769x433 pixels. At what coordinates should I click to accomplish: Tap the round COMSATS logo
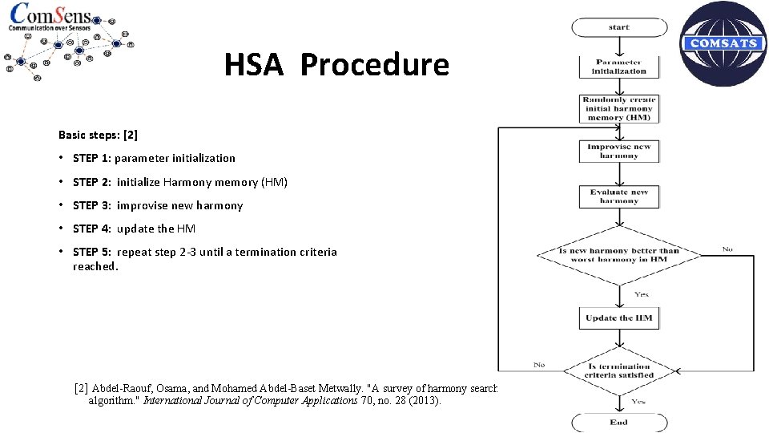tap(723, 43)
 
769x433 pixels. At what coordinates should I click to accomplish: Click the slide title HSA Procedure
tap(336, 65)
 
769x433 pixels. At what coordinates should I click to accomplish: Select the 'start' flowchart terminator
tap(618, 27)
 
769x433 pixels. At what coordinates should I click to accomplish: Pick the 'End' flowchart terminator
tap(618, 422)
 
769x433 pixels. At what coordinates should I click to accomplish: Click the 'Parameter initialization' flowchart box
tap(618, 67)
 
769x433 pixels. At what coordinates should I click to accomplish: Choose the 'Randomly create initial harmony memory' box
tap(618, 108)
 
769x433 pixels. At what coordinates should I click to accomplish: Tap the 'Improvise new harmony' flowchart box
tap(618, 151)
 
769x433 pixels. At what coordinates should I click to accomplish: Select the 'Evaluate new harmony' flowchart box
tap(618, 196)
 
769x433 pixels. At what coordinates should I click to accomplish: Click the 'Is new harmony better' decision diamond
tap(618, 255)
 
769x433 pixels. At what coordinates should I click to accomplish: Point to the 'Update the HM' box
tap(618, 318)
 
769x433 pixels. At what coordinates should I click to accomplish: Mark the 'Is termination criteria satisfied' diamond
tap(618, 370)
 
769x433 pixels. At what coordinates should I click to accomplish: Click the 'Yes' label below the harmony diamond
tap(641, 294)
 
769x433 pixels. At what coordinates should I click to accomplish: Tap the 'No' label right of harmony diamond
tap(727, 249)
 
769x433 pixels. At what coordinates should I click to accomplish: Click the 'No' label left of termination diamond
tap(539, 365)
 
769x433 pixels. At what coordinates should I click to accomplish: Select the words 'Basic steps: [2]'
tap(98, 135)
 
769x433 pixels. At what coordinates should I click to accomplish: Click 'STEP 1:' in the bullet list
tap(91, 158)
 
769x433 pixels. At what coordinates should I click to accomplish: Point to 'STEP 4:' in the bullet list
tap(92, 229)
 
